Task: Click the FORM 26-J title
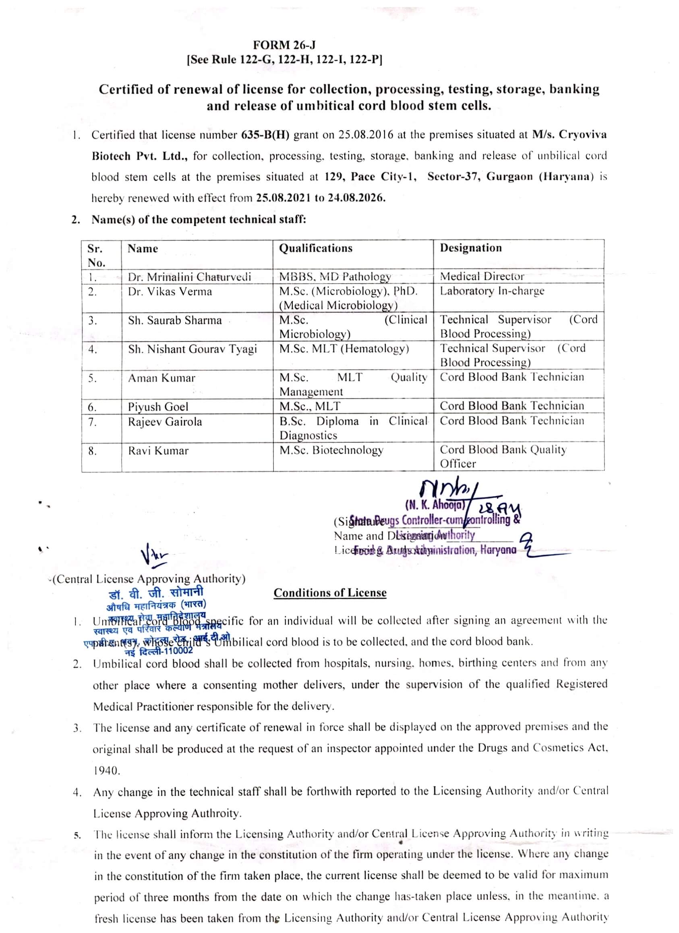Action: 284,44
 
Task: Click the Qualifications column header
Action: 316,248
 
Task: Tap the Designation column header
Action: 471,248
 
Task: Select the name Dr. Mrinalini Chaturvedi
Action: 189,277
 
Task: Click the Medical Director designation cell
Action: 482,277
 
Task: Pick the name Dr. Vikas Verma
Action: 170,292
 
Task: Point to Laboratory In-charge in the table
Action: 492,291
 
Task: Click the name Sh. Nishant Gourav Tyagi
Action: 192,349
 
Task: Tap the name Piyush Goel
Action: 158,407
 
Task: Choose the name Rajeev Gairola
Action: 165,422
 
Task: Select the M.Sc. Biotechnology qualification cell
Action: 331,450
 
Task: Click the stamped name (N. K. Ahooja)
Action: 435,505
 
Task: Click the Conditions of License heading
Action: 330,593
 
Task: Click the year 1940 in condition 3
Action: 107,770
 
